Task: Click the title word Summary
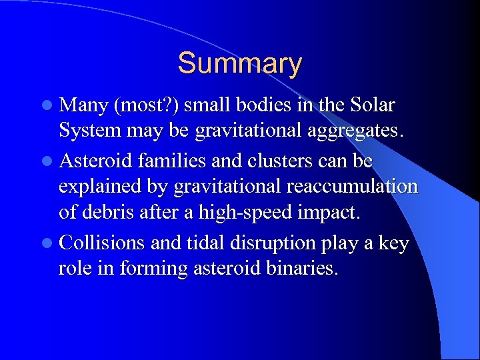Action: point(239,64)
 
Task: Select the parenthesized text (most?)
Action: point(145,106)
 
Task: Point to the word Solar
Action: point(370,105)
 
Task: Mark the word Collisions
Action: point(102,243)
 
